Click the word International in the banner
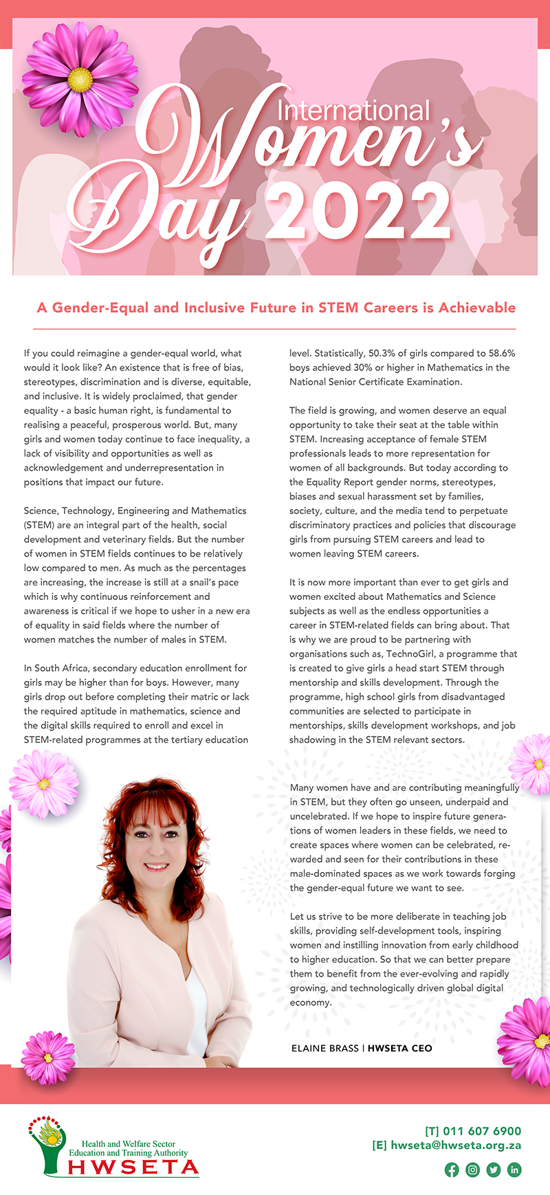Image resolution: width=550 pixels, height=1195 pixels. (353, 111)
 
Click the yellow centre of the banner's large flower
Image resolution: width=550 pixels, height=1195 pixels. (80, 80)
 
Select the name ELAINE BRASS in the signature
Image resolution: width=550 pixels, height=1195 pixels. (325, 1048)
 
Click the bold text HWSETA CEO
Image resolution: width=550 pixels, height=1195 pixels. (400, 1048)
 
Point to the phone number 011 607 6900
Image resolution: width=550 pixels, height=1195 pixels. (482, 1131)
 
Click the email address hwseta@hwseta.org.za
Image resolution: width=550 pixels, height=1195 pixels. (456, 1146)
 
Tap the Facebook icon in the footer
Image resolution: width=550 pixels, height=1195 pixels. (452, 1170)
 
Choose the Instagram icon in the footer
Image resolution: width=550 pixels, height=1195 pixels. (472, 1170)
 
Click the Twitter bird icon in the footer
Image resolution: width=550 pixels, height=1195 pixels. (493, 1170)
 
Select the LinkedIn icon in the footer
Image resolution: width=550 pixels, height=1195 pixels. (514, 1170)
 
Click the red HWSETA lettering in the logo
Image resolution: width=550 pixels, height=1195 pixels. (133, 1167)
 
